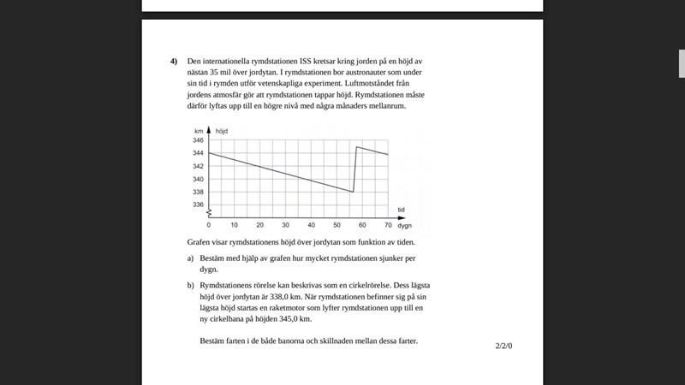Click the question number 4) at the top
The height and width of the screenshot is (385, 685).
pos(174,62)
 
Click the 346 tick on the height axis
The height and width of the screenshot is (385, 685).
pos(198,139)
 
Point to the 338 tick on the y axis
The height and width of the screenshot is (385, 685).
pos(198,192)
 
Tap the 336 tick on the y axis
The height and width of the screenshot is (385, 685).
pos(198,204)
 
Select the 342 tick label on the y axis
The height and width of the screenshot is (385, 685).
pos(198,166)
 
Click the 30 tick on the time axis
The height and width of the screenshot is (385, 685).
pos(286,225)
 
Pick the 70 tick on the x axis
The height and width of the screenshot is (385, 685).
pos(388,225)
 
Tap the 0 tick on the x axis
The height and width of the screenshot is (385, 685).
pos(209,225)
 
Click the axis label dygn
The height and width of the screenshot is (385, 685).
pos(405,225)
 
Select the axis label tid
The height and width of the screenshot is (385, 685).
pos(401,210)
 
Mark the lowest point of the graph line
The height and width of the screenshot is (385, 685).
pos(353,192)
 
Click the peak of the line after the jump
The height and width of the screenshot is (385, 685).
pos(356,147)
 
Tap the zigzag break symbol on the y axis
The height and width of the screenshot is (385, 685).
pos(209,211)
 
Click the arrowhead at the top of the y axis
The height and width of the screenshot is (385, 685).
pos(209,129)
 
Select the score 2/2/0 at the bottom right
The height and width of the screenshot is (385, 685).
pos(503,346)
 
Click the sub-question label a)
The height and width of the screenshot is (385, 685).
pos(191,258)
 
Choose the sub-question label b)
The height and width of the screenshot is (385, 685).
pos(191,284)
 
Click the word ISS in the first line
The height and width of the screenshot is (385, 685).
pos(307,62)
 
